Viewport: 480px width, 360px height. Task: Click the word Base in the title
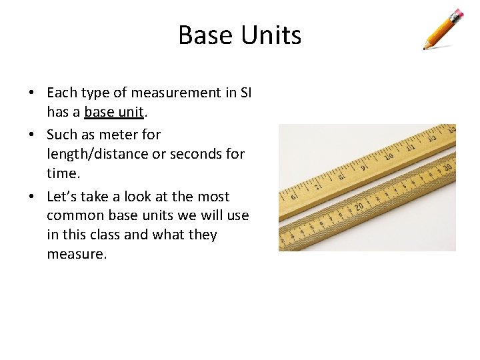[x=205, y=35]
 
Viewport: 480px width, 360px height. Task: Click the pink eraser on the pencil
[x=457, y=13]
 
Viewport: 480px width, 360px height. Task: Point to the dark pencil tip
[x=425, y=48]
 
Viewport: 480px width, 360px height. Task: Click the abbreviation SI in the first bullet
[x=245, y=93]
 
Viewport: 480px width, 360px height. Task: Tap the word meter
[x=119, y=134]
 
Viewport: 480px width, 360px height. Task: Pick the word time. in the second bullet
[x=62, y=173]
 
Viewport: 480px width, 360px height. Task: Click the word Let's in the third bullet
[x=63, y=197]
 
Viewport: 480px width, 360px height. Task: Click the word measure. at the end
[x=77, y=254]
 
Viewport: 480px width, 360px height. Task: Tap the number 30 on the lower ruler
[x=448, y=167]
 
